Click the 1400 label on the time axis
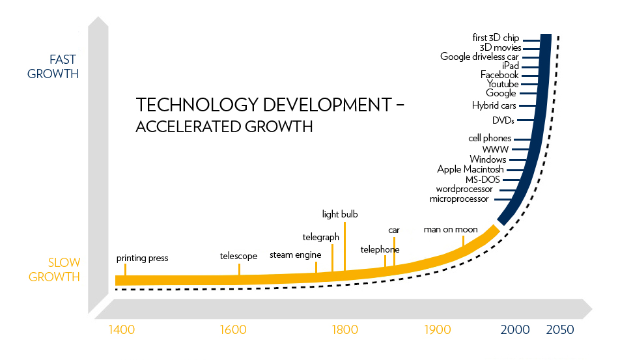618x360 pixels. (x=121, y=329)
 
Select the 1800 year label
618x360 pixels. (x=345, y=329)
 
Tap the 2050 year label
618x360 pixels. (x=559, y=329)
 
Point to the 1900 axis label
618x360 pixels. (x=438, y=329)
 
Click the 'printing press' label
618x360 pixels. (x=142, y=258)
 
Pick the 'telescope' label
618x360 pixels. (x=238, y=256)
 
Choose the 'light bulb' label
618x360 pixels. (x=340, y=214)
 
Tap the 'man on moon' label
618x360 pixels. (x=451, y=229)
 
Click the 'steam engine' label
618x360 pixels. (x=295, y=255)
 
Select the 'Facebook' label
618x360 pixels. (x=499, y=75)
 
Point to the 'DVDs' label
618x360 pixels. (x=503, y=120)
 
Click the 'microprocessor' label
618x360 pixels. (x=459, y=199)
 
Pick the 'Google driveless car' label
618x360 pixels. (x=479, y=57)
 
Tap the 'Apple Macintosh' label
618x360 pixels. (x=470, y=169)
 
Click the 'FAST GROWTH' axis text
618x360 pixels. (x=53, y=66)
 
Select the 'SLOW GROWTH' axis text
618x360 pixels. (x=54, y=270)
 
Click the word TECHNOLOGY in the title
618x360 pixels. (x=197, y=105)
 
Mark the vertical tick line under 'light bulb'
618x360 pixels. (x=345, y=247)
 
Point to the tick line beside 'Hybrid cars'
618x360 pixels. (x=527, y=105)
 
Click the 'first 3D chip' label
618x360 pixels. (x=496, y=38)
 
